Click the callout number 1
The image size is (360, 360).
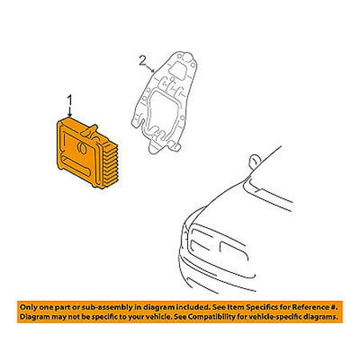(70, 101)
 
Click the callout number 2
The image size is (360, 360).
(142, 61)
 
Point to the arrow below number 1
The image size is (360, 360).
(70, 112)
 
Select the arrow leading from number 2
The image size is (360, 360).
(150, 69)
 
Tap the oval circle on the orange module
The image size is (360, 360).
(82, 148)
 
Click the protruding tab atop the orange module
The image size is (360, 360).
(90, 131)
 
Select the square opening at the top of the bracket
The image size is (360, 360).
(178, 70)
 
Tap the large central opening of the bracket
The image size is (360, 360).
(162, 112)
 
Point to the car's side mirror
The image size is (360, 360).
(255, 162)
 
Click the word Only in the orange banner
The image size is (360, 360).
(28, 307)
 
